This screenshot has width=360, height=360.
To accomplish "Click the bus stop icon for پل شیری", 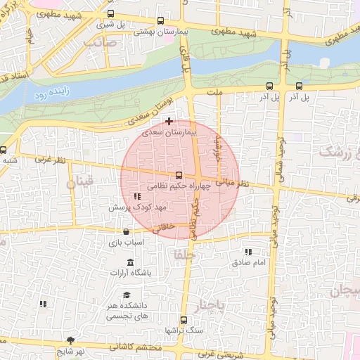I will tap(110, 13).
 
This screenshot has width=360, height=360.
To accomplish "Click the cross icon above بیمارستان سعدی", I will tap(169, 121).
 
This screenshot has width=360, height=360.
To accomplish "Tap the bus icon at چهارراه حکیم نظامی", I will tap(178, 175).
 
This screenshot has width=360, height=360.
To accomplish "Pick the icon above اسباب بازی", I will tap(127, 231).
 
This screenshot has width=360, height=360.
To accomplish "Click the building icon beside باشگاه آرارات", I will tap(130, 263).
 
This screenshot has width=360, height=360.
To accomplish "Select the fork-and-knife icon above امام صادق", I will tap(248, 251).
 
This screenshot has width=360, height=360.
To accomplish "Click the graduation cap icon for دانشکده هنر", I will tap(127, 295).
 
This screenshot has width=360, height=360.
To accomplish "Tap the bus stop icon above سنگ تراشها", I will tap(184, 320).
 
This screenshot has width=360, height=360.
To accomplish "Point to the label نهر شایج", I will tap(70, 351).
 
